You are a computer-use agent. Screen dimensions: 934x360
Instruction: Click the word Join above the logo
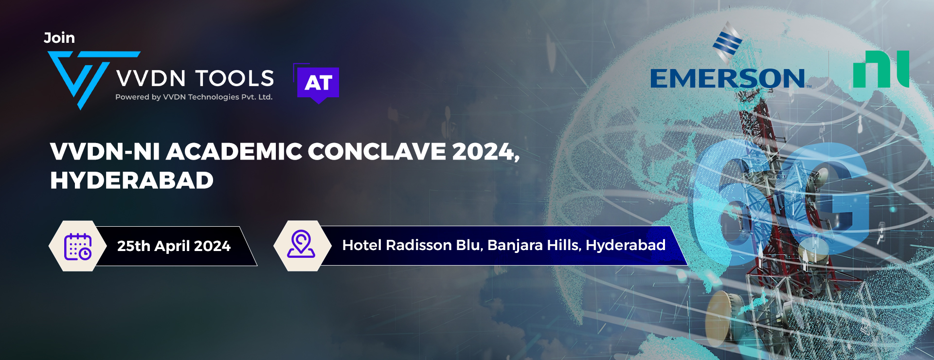pyautogui.click(x=59, y=37)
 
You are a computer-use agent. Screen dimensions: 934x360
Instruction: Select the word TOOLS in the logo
pyautogui.click(x=235, y=78)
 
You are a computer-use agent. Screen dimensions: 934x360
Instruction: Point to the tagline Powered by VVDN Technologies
pyautogui.click(x=194, y=97)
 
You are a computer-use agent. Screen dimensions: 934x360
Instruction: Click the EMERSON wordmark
pyautogui.click(x=728, y=78)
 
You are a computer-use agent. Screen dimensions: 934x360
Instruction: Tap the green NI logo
pyautogui.click(x=881, y=69)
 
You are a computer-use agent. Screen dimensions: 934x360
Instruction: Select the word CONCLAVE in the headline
pyautogui.click(x=377, y=151)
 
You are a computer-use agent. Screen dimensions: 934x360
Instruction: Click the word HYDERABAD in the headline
pyautogui.click(x=132, y=180)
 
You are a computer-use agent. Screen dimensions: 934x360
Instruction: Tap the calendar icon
pyautogui.click(x=78, y=246)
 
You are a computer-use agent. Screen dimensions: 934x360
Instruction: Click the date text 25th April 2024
pyautogui.click(x=174, y=246)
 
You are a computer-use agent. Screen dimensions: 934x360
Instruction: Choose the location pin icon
pyautogui.click(x=301, y=244)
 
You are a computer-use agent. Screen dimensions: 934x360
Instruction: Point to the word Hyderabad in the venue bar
pyautogui.click(x=626, y=245)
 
